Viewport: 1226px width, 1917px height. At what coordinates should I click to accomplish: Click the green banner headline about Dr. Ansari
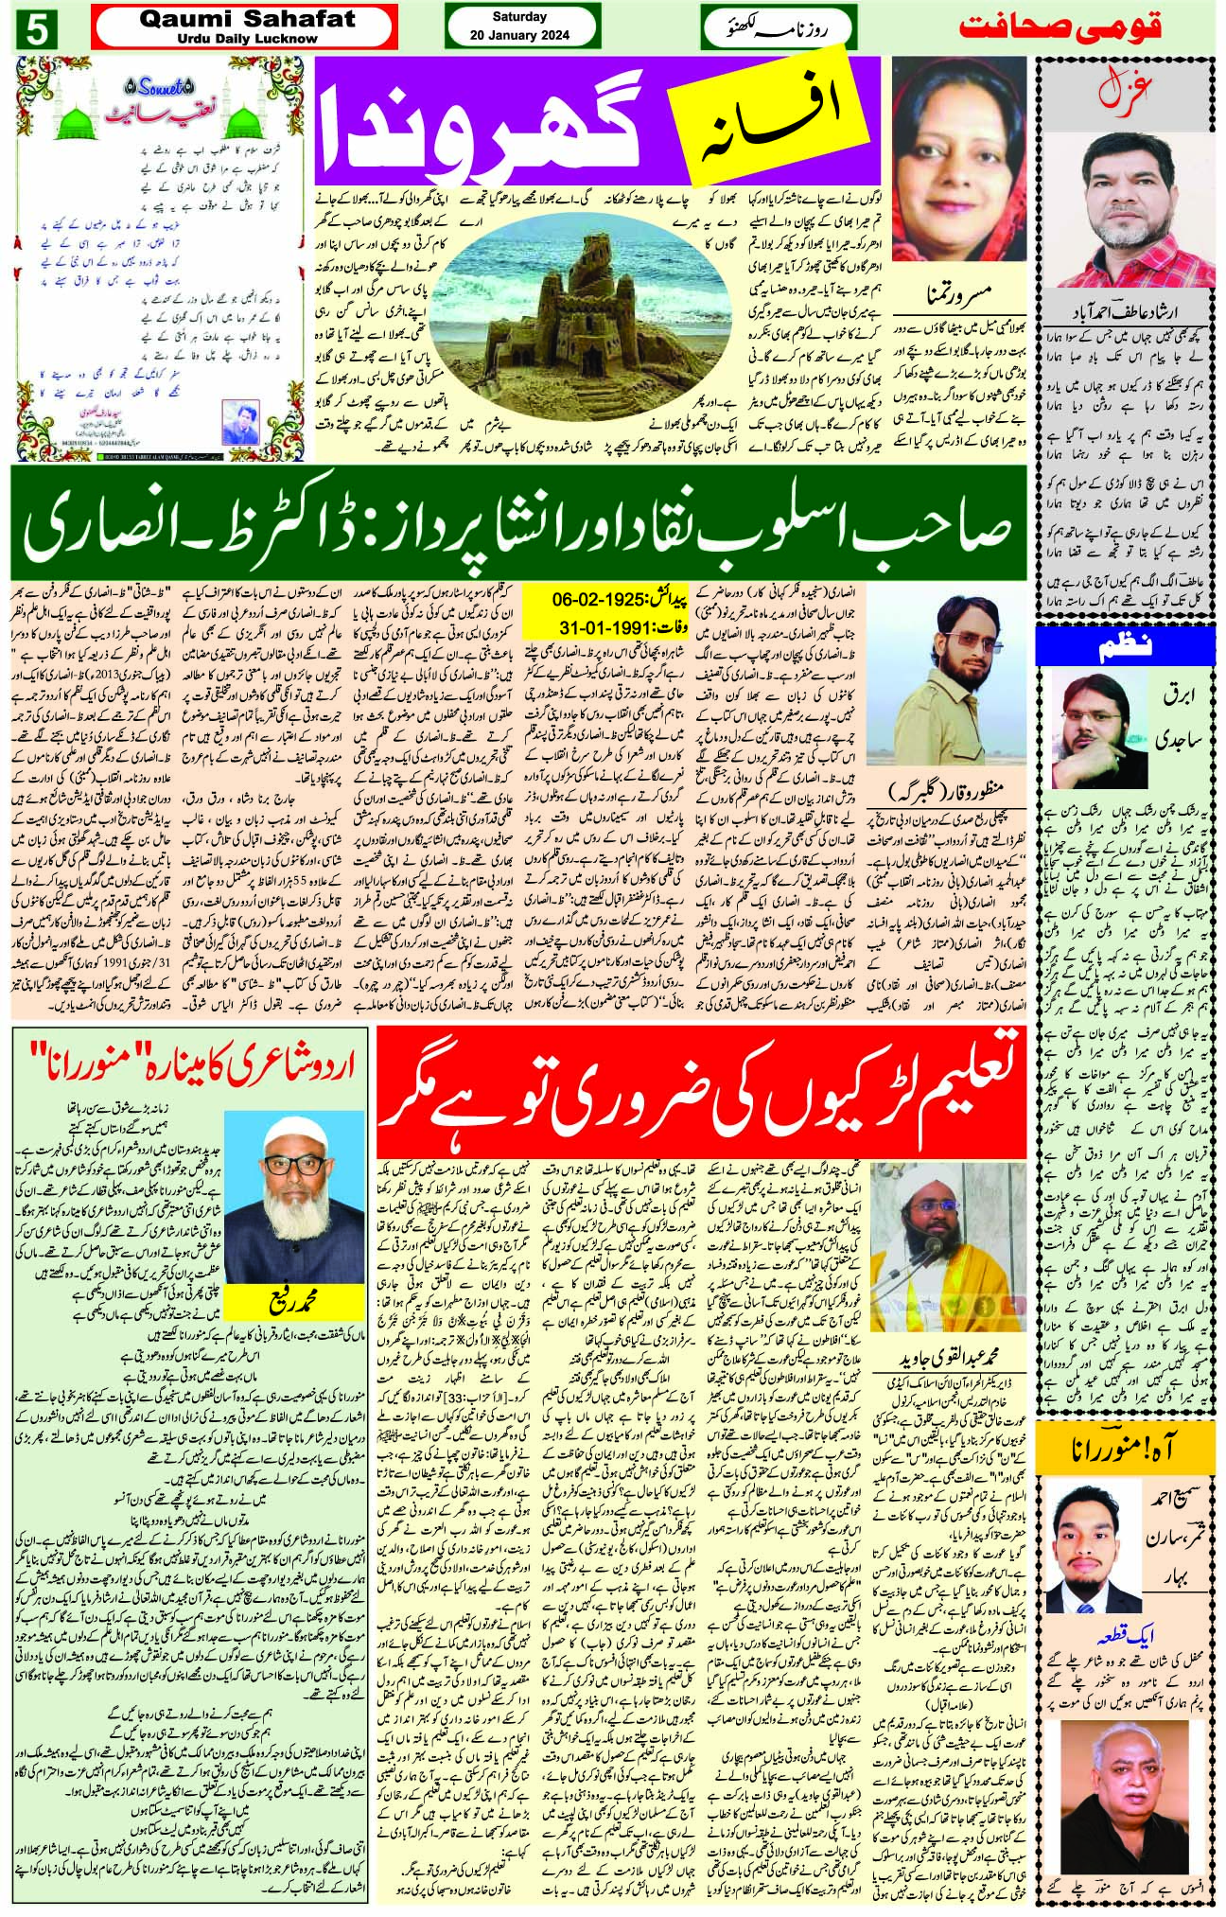click(x=519, y=521)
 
